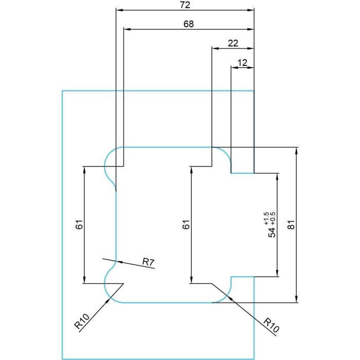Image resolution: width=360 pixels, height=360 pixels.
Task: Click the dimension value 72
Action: coord(185,5)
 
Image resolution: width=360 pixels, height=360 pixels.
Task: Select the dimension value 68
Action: coord(189,24)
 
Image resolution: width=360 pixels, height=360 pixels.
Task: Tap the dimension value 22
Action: coord(233,43)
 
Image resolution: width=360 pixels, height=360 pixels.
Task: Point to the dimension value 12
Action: coord(242,62)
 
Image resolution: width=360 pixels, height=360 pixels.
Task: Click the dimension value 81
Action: coord(291,225)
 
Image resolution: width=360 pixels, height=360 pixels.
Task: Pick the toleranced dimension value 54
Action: coord(272,232)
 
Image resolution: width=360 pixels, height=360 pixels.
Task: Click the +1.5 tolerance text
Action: coord(266,219)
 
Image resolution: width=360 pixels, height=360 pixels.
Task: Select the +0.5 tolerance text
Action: coord(273,219)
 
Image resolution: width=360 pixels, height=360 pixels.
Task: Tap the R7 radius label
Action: coord(149,262)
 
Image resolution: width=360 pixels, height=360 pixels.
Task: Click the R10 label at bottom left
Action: coord(82,321)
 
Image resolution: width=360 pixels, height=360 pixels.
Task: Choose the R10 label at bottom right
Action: coord(271,325)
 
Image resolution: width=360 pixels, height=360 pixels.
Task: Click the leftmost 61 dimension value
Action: coord(79,225)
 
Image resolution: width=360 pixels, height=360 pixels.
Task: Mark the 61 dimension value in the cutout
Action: coord(186,225)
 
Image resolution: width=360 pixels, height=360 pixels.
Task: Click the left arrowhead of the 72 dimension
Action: coord(119,10)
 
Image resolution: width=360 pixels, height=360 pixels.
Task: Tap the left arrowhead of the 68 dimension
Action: coord(127,29)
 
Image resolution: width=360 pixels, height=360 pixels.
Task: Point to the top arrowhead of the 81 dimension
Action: coord(296,150)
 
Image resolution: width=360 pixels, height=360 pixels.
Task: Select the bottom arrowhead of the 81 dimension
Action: coord(296,299)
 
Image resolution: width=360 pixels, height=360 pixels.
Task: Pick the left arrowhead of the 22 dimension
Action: coord(214,48)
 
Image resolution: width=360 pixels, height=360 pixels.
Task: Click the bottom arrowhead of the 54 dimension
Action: coord(277,273)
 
